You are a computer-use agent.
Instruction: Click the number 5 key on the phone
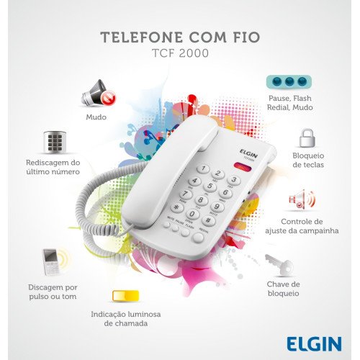(x=210, y=186)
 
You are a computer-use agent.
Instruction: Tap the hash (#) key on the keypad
(x=208, y=220)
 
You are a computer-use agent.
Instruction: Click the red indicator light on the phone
(x=242, y=166)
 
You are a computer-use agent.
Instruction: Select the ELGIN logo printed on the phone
(x=248, y=153)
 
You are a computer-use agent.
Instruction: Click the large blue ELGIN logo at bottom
(x=314, y=343)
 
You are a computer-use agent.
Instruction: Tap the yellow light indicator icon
(x=125, y=296)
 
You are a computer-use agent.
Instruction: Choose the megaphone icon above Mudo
(x=98, y=93)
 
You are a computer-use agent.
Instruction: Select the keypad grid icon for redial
(x=55, y=142)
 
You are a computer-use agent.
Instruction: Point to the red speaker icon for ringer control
(x=302, y=199)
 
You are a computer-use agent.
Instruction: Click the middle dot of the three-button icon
(x=289, y=81)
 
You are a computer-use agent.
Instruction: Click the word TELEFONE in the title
(x=142, y=37)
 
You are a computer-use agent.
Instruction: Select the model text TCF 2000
(x=180, y=53)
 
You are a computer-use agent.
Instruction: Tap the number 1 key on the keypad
(x=203, y=169)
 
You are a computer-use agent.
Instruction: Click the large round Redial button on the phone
(x=198, y=238)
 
